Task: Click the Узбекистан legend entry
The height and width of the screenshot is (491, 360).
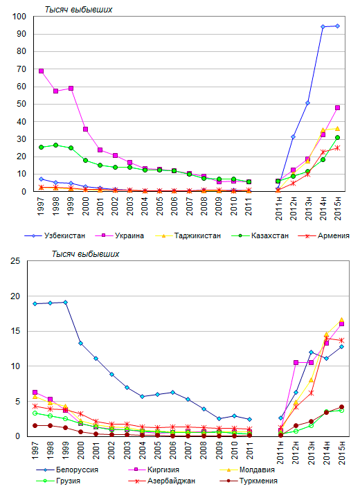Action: point(55,235)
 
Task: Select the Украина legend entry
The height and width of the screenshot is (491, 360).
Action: point(120,235)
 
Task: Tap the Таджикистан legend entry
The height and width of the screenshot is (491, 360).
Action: point(188,235)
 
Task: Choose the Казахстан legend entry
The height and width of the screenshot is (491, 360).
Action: point(260,235)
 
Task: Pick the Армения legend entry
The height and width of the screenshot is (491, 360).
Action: point(324,235)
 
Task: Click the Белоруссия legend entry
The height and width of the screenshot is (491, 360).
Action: point(67,470)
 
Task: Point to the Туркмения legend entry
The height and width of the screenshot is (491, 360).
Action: point(249,481)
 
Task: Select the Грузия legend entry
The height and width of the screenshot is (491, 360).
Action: point(58,481)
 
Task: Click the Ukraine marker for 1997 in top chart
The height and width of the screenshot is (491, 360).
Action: point(41,71)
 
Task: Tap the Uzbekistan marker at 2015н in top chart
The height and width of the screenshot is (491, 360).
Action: point(337,26)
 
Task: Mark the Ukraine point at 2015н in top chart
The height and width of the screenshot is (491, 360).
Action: point(337,108)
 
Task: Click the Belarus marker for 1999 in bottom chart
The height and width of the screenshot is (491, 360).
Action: point(66,302)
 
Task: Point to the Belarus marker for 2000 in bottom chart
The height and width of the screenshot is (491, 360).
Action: point(81,343)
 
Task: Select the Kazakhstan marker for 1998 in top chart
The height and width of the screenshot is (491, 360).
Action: point(55,145)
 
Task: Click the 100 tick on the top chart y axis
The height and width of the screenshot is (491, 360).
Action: point(19,17)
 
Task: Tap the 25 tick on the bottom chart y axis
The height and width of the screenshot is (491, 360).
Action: point(15,261)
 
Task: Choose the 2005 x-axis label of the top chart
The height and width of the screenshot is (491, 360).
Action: point(160,206)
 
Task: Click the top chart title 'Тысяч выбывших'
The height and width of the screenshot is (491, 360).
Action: point(78,10)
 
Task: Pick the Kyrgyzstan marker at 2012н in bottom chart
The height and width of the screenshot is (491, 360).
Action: point(296,363)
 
